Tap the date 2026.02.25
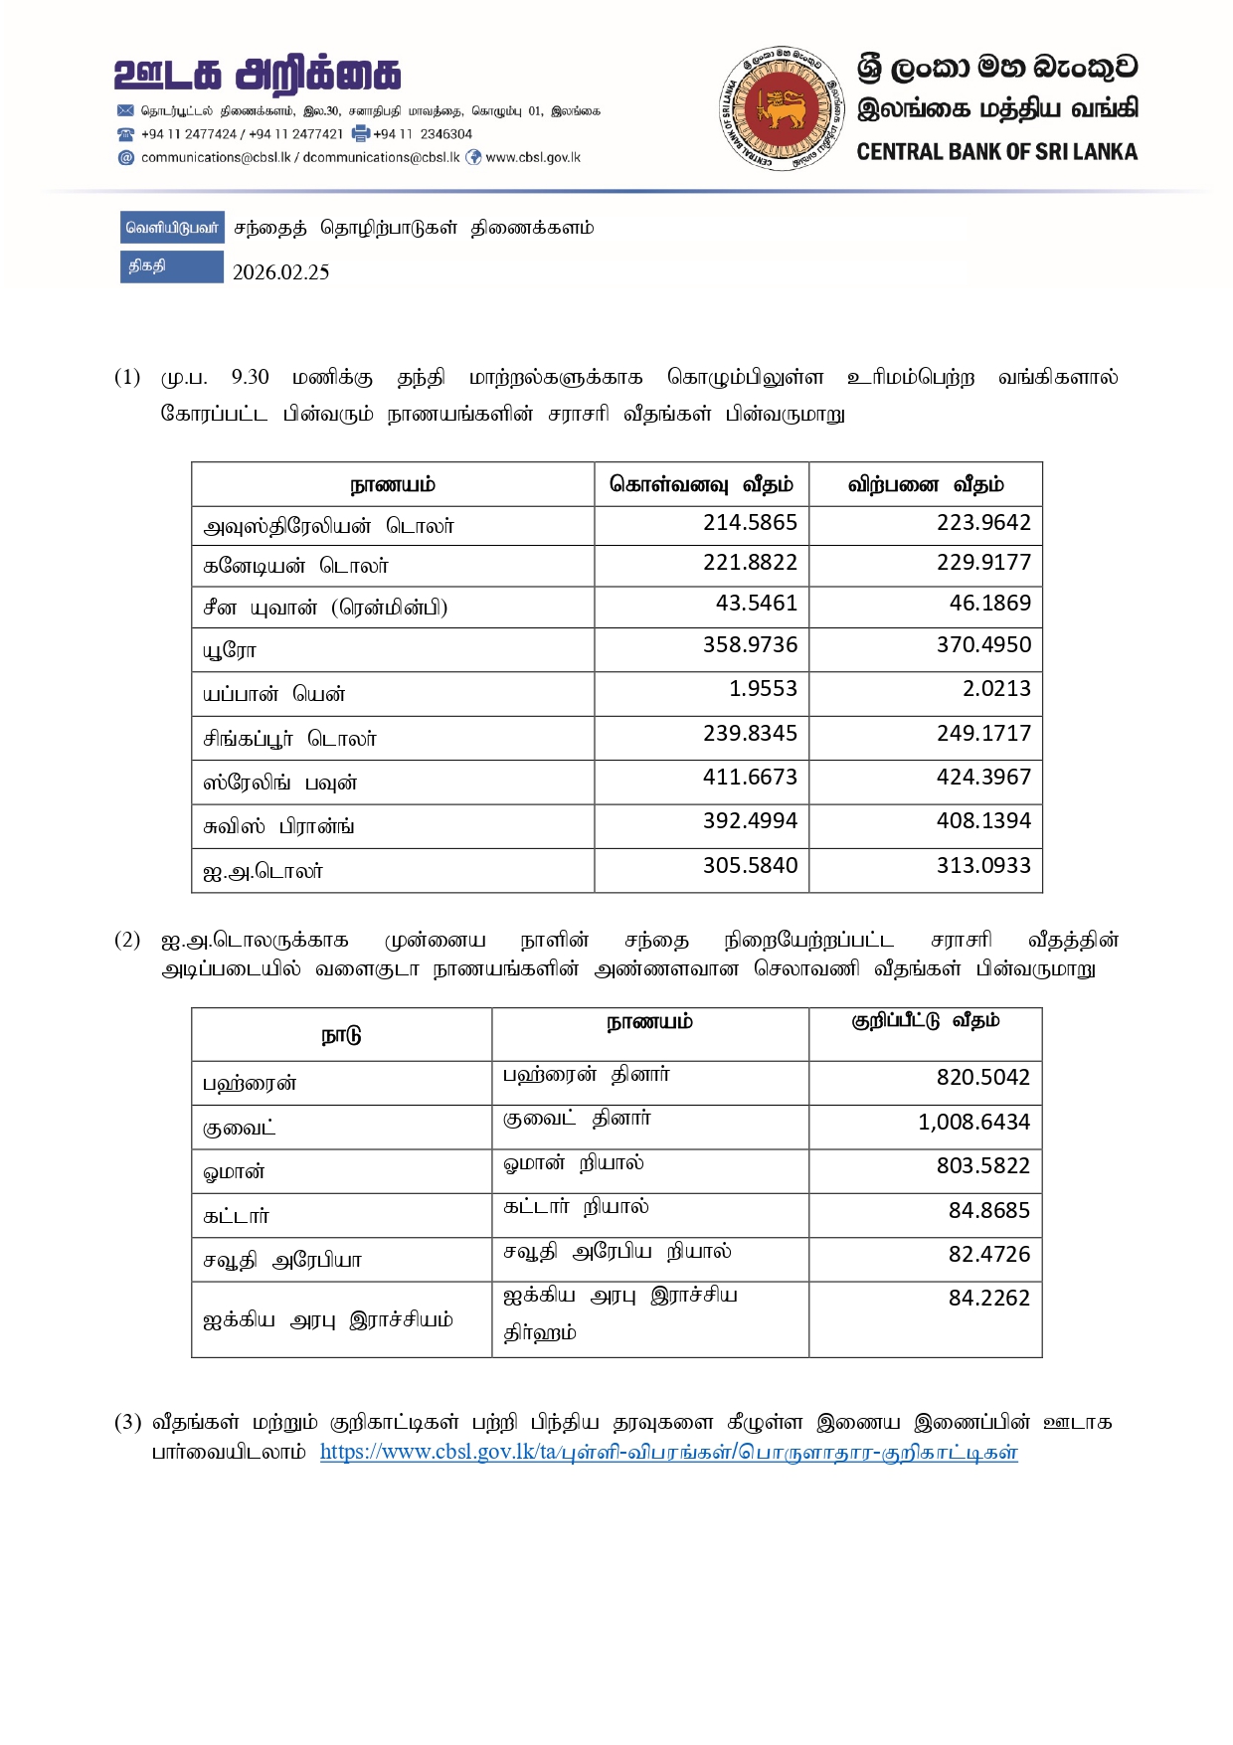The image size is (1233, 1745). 280,272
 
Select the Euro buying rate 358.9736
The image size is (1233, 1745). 750,644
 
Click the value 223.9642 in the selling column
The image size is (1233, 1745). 983,523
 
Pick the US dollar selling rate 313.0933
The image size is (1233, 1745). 983,865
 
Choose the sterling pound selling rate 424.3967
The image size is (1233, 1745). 983,777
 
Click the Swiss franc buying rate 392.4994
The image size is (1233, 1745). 750,820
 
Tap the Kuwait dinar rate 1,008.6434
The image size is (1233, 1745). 973,1122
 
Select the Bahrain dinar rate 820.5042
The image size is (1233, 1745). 982,1077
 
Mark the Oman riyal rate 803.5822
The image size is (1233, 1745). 982,1165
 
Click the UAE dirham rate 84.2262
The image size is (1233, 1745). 988,1298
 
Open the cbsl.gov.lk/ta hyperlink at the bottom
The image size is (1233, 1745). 668,1452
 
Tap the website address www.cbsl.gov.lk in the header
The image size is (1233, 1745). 532,157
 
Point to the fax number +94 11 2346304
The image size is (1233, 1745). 423,134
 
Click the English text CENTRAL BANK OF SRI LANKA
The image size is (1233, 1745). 996,152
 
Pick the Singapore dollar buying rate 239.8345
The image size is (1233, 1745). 750,733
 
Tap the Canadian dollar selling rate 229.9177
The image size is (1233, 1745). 983,563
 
